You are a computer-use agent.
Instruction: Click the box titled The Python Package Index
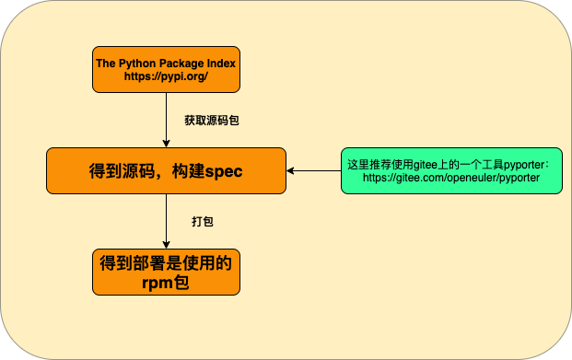click(x=166, y=69)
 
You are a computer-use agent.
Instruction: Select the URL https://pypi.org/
click(x=166, y=76)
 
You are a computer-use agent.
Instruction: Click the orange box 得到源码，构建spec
click(x=166, y=170)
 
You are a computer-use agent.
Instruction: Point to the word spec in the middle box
click(x=223, y=171)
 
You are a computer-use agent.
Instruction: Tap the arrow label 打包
click(x=203, y=222)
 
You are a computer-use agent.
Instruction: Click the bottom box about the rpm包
click(x=166, y=272)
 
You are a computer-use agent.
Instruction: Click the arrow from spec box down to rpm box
click(x=166, y=221)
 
